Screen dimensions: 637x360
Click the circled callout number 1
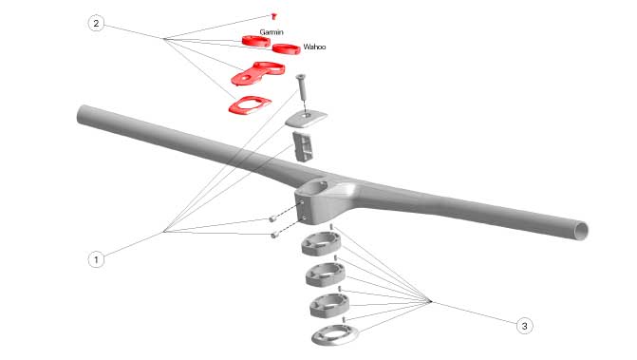pos(96,259)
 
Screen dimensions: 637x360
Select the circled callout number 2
pos(96,23)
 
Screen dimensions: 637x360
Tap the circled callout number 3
pos(524,326)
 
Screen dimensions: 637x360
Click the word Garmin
pos(272,32)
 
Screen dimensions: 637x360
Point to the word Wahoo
pos(314,47)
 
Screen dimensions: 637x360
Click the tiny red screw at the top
pos(273,16)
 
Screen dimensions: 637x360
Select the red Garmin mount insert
pos(256,41)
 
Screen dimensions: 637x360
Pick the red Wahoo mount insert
pos(286,48)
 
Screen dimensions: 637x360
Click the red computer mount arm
pos(258,73)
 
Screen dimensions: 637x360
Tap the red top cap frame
pos(249,105)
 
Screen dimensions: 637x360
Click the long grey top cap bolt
pos(302,86)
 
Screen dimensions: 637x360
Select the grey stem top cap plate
pos(306,119)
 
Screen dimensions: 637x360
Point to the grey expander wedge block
pos(303,146)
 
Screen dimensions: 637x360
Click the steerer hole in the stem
pos(317,187)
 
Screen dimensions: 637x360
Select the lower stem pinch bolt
pos(274,235)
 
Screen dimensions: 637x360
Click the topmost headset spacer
pos(321,244)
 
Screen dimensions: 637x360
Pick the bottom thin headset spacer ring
pos(335,335)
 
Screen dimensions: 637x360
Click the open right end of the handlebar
pos(581,231)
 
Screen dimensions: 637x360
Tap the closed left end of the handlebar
pos(82,114)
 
